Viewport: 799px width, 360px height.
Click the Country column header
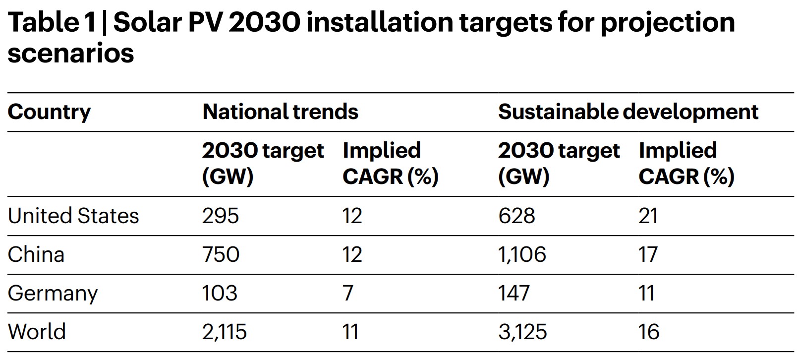[49, 113]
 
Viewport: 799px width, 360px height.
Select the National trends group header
[280, 112]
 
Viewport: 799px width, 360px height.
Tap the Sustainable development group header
[628, 112]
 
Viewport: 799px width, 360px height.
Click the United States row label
[73, 216]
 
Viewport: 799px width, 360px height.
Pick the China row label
[36, 255]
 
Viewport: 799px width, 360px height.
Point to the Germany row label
[53, 294]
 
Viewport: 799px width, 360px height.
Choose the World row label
[37, 332]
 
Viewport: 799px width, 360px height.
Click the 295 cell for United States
[221, 216]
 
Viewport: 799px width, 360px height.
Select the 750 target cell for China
[221, 255]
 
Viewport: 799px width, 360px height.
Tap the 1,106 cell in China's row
[522, 255]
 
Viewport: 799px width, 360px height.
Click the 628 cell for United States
[516, 216]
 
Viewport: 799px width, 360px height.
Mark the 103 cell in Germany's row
[220, 294]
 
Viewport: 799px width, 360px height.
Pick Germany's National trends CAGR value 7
[348, 294]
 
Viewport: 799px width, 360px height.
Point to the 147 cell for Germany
[514, 294]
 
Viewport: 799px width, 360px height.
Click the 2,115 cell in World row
[224, 332]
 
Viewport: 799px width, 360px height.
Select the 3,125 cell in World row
[522, 332]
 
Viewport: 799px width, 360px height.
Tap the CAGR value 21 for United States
[648, 216]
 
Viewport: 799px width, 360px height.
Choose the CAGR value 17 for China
[648, 255]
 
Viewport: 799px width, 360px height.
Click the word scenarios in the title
[71, 53]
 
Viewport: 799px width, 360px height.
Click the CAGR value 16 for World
[649, 332]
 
